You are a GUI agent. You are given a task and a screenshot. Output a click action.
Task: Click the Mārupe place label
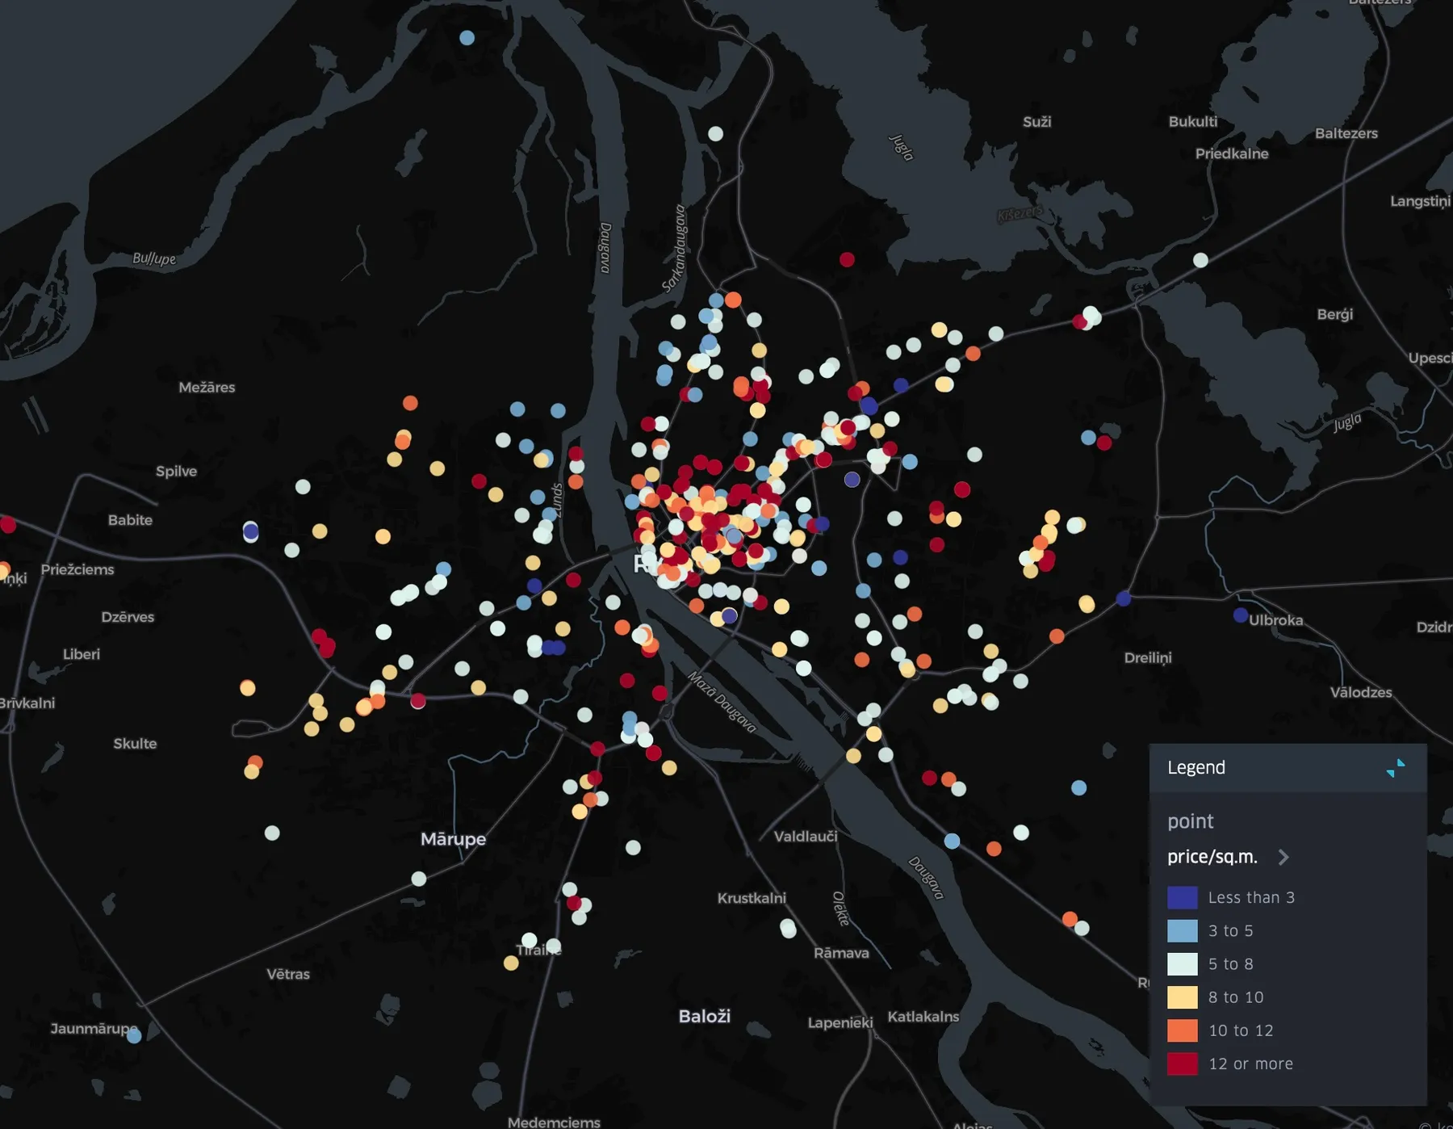[x=453, y=839]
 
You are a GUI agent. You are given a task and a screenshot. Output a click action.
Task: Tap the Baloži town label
[x=704, y=1016]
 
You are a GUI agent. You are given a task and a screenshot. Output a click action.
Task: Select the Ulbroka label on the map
[x=1276, y=620]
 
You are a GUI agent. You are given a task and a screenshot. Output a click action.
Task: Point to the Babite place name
[x=130, y=520]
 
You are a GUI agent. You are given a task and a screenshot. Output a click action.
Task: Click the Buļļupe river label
[x=154, y=258]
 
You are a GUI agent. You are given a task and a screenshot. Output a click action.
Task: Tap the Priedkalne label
[x=1232, y=153]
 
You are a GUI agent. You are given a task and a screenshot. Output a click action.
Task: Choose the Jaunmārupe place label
[x=92, y=1028]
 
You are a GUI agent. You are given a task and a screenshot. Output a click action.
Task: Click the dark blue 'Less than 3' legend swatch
[x=1182, y=897]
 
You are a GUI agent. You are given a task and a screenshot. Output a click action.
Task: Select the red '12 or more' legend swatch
[x=1182, y=1064]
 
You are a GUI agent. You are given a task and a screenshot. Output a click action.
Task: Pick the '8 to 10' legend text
[x=1236, y=997]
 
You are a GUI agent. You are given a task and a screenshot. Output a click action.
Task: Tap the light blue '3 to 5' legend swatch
[x=1182, y=930]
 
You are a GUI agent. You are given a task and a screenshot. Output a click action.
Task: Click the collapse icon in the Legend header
[x=1395, y=768]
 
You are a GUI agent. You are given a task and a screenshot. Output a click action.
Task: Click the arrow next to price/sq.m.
[x=1283, y=857]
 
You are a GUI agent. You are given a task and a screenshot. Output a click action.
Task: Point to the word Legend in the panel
[x=1196, y=767]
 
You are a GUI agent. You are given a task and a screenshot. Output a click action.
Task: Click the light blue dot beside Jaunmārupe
[x=134, y=1035]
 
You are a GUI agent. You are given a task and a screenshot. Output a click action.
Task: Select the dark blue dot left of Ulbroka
[x=1241, y=615]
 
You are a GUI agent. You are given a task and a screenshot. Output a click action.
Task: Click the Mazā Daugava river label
[x=722, y=701]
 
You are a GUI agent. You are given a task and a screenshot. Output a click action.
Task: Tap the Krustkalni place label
[x=752, y=898]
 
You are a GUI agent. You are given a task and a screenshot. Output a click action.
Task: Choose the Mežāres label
[x=207, y=388]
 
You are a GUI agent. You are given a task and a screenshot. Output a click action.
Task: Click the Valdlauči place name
[x=805, y=837]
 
